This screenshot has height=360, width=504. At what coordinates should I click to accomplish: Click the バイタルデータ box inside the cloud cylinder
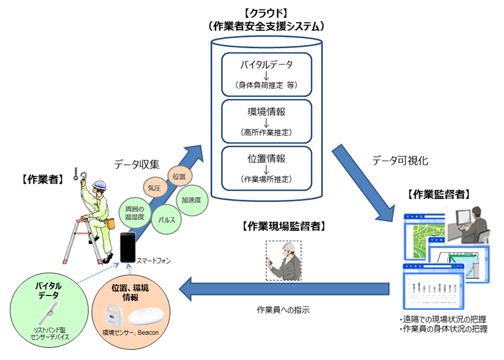tap(266, 75)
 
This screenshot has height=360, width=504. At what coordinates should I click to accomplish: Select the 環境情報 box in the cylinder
tap(266, 122)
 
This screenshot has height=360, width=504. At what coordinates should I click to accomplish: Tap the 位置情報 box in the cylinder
tap(266, 168)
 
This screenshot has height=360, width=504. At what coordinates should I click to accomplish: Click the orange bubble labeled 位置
tap(180, 176)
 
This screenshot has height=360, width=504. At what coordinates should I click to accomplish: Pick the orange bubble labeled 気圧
tap(155, 188)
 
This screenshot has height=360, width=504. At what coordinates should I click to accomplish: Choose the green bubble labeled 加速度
tap(192, 200)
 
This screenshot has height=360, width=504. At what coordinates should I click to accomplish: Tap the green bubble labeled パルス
tap(166, 220)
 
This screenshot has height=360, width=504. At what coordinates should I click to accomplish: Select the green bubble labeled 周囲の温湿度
tap(135, 213)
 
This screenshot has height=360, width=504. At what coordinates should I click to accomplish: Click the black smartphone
tap(128, 247)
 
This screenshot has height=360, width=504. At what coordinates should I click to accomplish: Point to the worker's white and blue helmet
tap(99, 185)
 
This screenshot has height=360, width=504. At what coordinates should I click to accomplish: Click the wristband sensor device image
tap(48, 313)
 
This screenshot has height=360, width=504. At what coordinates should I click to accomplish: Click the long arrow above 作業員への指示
tap(284, 289)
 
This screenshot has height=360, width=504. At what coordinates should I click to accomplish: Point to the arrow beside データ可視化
tap(363, 183)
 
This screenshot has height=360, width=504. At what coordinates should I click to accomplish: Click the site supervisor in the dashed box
tap(283, 261)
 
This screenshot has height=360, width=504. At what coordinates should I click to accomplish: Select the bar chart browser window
tap(434, 286)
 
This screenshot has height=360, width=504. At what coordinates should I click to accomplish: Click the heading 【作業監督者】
tap(439, 195)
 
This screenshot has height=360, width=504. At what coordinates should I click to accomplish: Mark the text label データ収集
tap(137, 164)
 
